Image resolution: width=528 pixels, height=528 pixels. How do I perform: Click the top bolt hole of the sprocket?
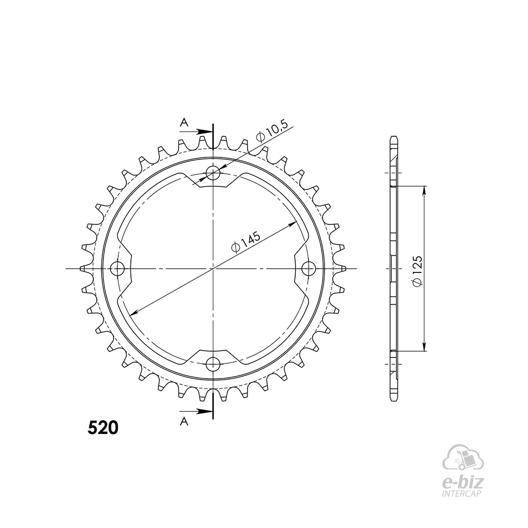[x=213, y=174]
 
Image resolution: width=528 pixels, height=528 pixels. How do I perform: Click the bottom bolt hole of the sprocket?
[x=213, y=363]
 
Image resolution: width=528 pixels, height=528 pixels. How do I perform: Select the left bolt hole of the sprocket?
[x=118, y=269]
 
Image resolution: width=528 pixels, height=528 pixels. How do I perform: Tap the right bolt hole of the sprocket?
[x=308, y=269]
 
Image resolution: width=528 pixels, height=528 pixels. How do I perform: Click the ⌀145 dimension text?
[x=246, y=241]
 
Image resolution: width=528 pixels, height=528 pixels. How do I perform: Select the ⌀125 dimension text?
[x=417, y=271]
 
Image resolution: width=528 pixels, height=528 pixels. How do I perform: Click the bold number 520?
[x=103, y=428]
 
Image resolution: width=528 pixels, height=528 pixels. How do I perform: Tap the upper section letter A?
[x=184, y=122]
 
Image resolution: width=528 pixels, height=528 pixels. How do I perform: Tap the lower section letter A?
[x=184, y=421]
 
